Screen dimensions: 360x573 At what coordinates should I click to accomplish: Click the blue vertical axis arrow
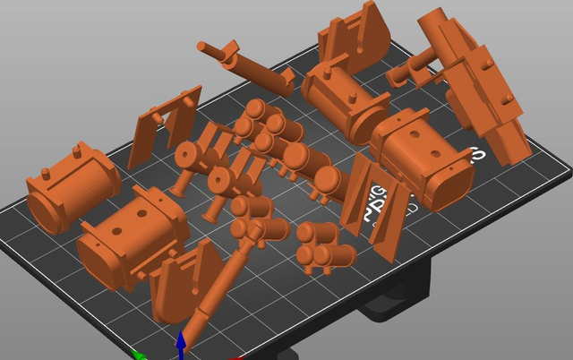(181, 344)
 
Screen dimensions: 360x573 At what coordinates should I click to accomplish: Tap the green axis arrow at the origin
(139, 355)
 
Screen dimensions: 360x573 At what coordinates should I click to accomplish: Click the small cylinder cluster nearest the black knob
(326, 247)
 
